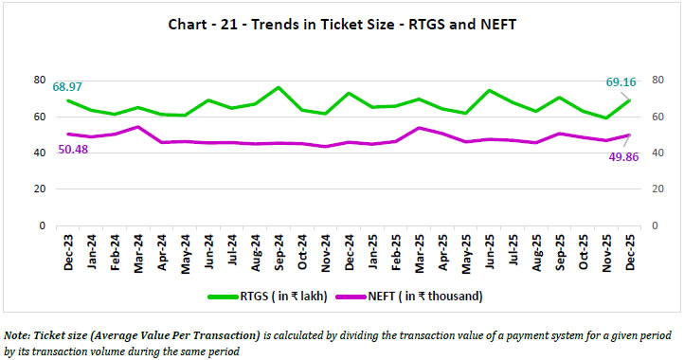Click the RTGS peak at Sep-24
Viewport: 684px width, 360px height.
pos(276,88)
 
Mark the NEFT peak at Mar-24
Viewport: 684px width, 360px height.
pos(137,127)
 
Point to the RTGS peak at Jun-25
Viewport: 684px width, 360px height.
pos(488,91)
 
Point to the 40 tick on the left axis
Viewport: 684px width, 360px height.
pos(40,153)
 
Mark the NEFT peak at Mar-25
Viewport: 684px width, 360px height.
pos(419,128)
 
